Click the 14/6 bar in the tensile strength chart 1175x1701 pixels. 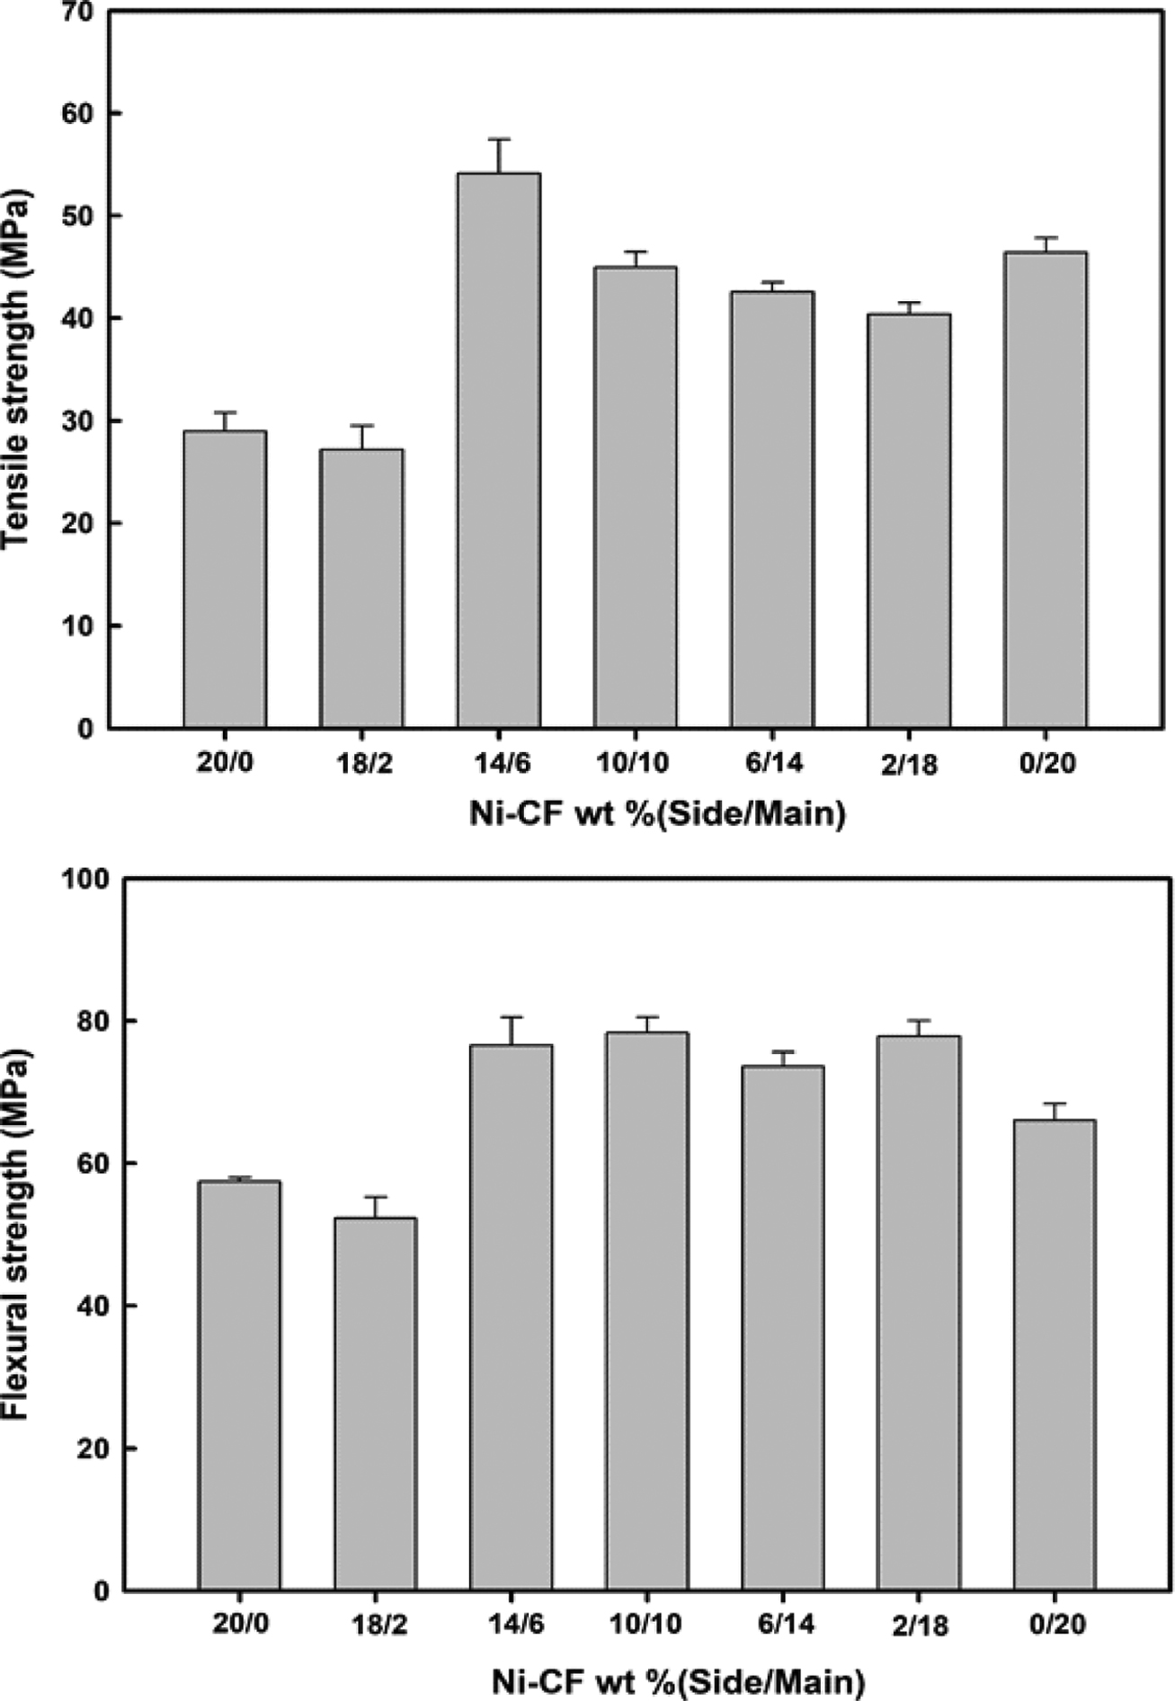pos(499,449)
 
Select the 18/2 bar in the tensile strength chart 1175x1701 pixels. pos(362,588)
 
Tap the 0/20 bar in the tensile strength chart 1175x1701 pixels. pos(1046,489)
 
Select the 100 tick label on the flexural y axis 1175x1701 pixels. pos(83,880)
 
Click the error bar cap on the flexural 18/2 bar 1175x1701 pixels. pos(375,1197)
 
